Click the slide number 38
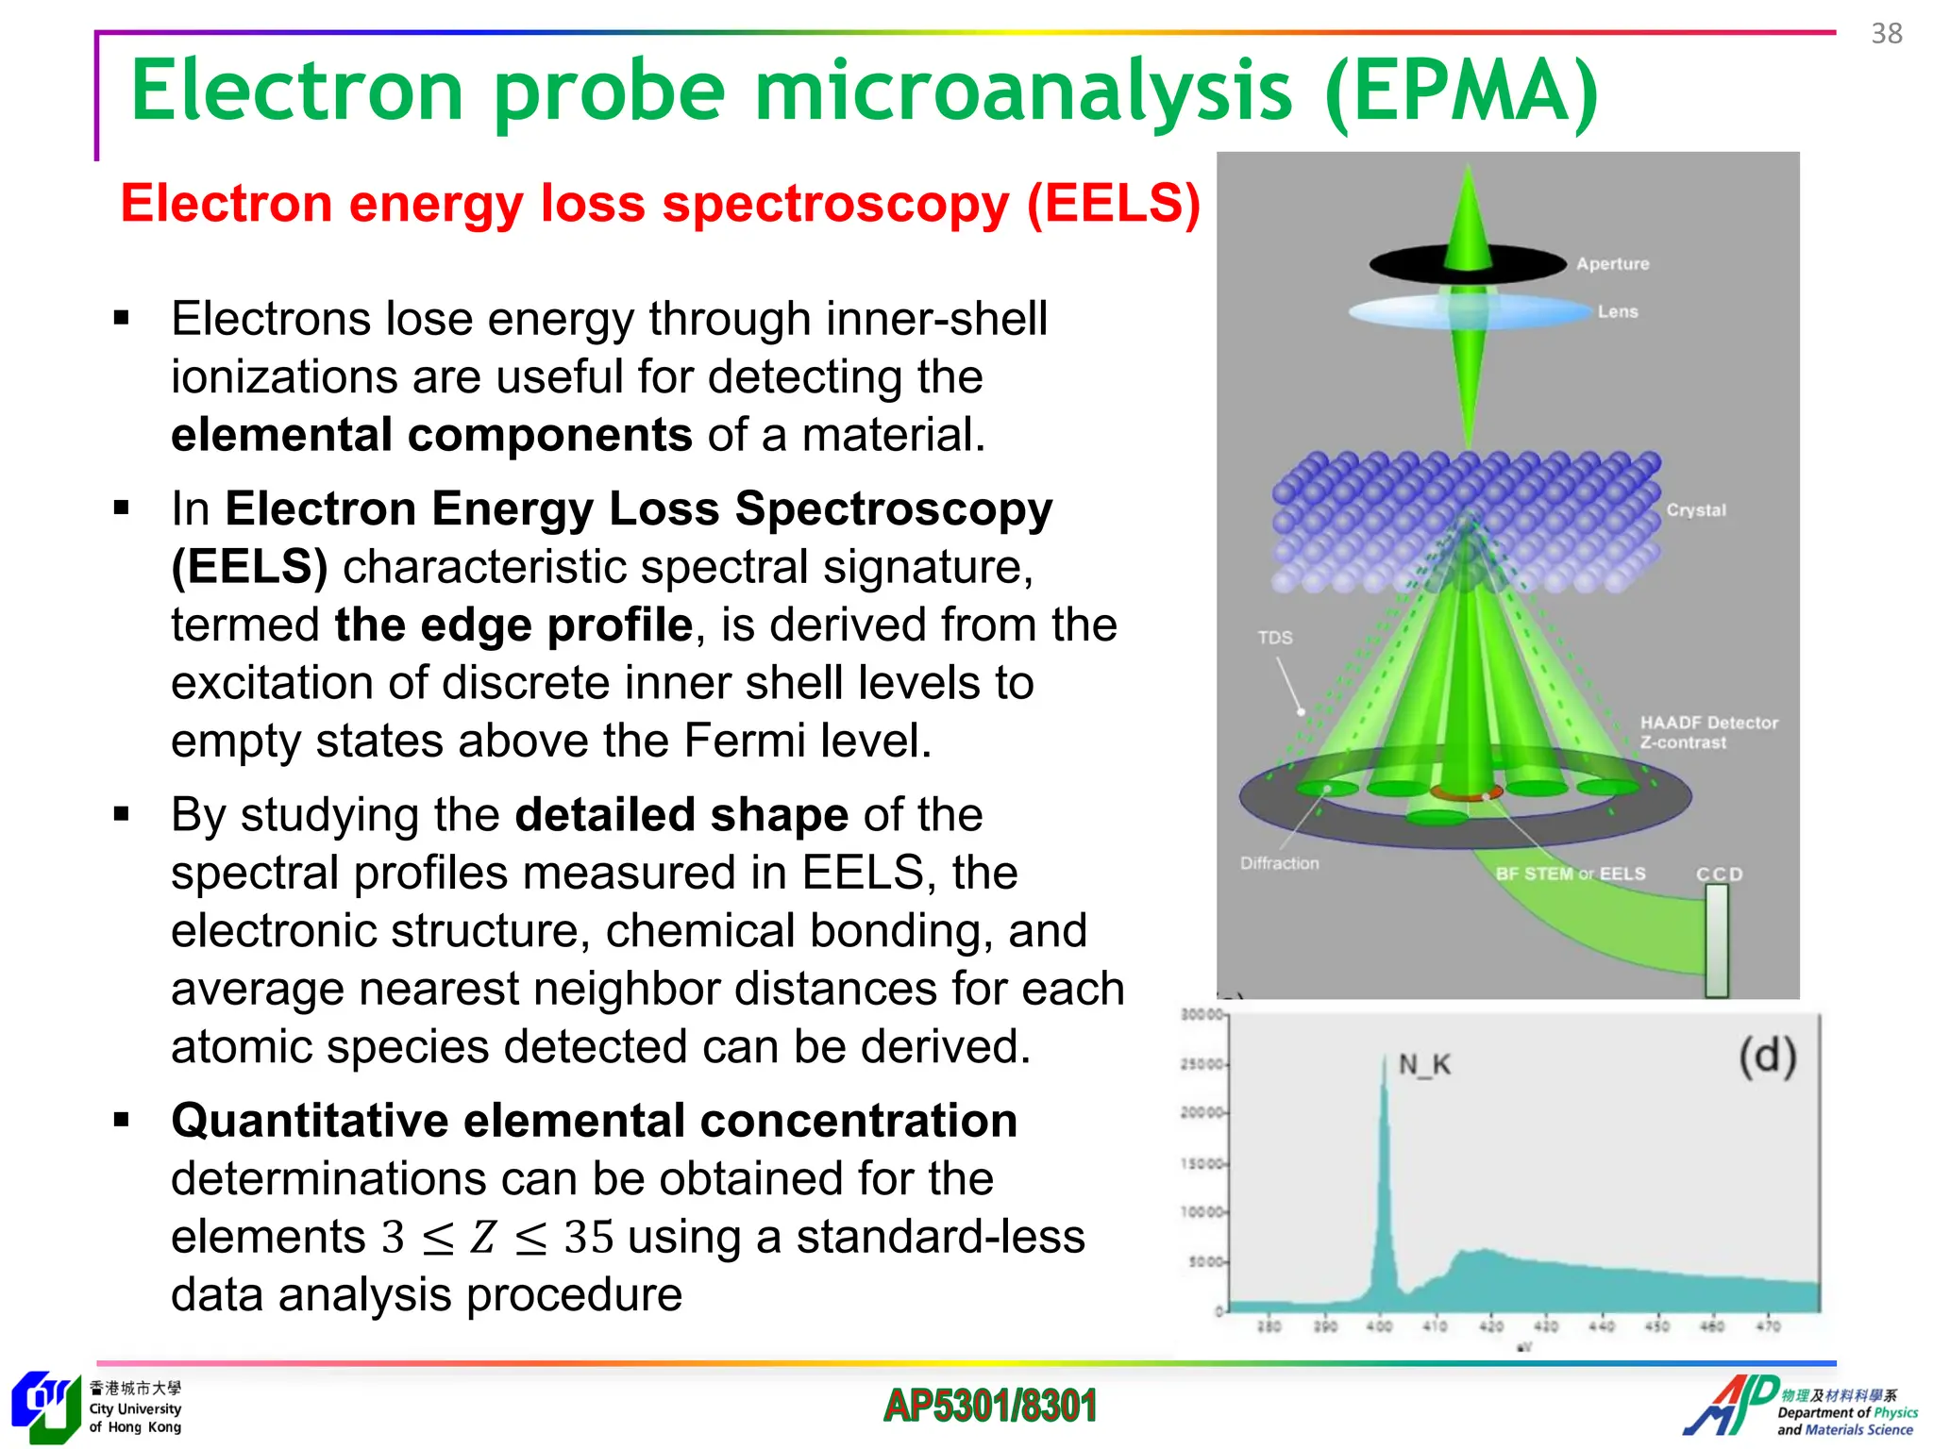(x=1886, y=34)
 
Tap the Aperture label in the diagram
(x=1612, y=264)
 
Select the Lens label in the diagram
(x=1617, y=311)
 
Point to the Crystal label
(x=1695, y=510)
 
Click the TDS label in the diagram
(x=1274, y=638)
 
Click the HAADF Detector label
(x=1708, y=723)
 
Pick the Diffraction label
(x=1279, y=863)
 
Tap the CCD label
(x=1719, y=874)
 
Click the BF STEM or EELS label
(x=1570, y=874)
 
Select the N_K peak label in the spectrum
(x=1423, y=1065)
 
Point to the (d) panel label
(x=1767, y=1057)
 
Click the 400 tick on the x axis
(x=1379, y=1326)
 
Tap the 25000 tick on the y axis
(x=1201, y=1064)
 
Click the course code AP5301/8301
(x=989, y=1406)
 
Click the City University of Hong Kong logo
(x=45, y=1407)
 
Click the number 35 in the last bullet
(x=588, y=1237)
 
